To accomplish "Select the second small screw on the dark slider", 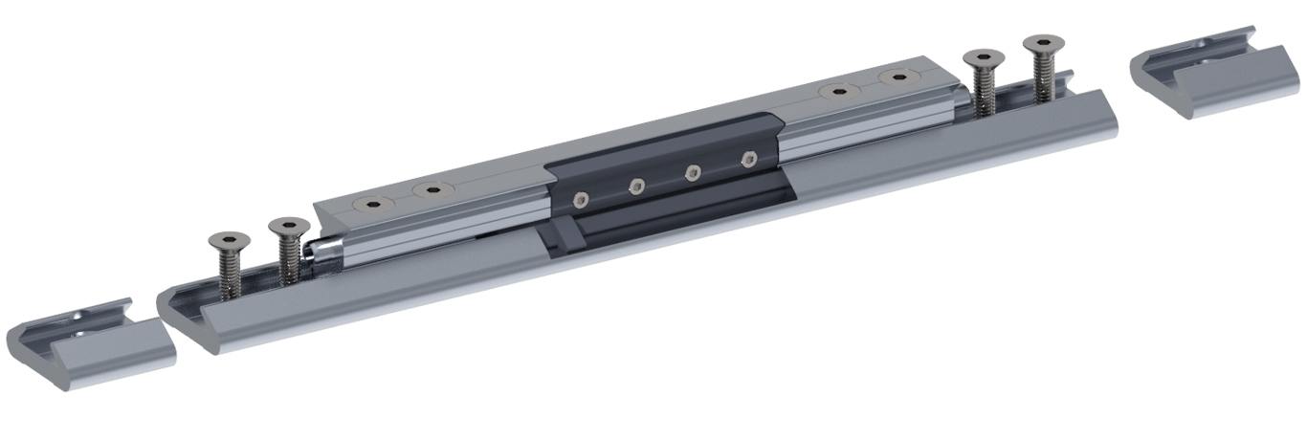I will click(635, 185).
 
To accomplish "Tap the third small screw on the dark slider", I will click(693, 171).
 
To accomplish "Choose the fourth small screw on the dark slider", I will click(747, 158).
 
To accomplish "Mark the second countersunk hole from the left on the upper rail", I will click(429, 190).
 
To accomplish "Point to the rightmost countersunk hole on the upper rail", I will click(897, 78).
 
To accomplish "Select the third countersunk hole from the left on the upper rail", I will click(839, 92).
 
